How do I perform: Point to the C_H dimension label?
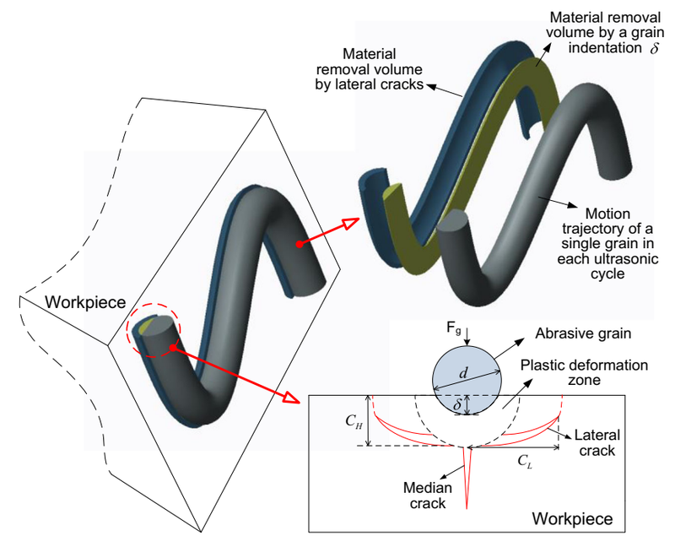click(x=355, y=423)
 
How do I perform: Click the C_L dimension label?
click(x=526, y=462)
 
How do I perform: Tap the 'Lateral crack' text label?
click(x=597, y=443)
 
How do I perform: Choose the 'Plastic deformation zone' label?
click(x=584, y=372)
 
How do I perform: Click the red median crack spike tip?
click(x=467, y=507)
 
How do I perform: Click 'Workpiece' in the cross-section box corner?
click(x=572, y=517)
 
